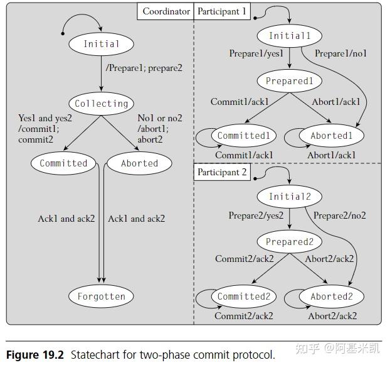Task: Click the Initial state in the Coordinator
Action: pyautogui.click(x=101, y=44)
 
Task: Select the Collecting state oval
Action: pyautogui.click(x=101, y=104)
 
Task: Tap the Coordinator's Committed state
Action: pyautogui.click(x=63, y=163)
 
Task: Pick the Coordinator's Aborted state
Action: pyautogui.click(x=139, y=163)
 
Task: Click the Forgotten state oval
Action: pyautogui.click(x=101, y=297)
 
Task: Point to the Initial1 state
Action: pyautogui.click(x=289, y=36)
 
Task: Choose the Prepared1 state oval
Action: pyautogui.click(x=289, y=81)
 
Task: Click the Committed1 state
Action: pyautogui.click(x=243, y=136)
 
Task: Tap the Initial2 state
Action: pyautogui.click(x=289, y=197)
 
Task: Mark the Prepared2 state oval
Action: pyautogui.click(x=289, y=242)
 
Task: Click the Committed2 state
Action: pyautogui.click(x=243, y=297)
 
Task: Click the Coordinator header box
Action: pyautogui.click(x=166, y=11)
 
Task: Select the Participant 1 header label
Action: pyautogui.click(x=223, y=11)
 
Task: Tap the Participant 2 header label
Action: pyautogui.click(x=223, y=172)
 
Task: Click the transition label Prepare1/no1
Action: pyautogui.click(x=339, y=54)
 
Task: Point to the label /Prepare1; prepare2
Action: pyautogui.click(x=144, y=67)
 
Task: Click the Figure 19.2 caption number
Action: pyautogui.click(x=35, y=355)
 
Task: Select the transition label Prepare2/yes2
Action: pyautogui.click(x=256, y=215)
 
